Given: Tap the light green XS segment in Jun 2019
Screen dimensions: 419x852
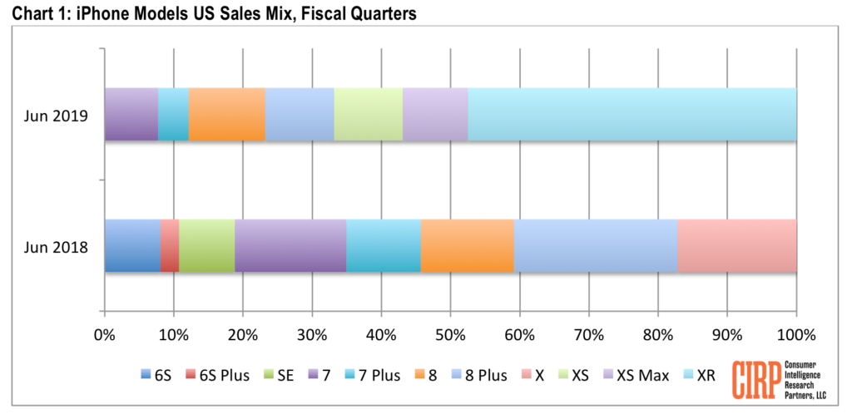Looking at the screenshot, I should point(368,114).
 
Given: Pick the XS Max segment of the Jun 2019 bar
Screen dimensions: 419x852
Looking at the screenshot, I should point(435,114).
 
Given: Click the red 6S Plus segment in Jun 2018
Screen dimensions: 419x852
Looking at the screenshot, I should point(170,246).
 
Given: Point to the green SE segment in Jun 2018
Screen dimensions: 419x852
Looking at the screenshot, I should point(206,246).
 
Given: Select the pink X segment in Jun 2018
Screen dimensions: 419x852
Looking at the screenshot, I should point(737,246).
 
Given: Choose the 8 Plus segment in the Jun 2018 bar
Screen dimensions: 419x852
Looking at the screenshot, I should point(596,246).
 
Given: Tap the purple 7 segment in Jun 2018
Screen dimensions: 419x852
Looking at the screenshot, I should point(290,246).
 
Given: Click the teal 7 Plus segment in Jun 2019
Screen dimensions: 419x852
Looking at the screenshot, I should point(173,114).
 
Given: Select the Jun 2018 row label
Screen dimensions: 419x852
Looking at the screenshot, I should point(57,246).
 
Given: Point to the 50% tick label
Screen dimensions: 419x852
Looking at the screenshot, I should point(450,335).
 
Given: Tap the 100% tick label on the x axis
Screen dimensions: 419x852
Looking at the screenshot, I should point(795,335).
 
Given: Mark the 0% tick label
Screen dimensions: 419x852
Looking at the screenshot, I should point(105,335).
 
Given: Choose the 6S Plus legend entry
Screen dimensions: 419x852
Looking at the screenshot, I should point(218,375).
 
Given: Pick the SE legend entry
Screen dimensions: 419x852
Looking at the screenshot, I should point(278,375).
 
